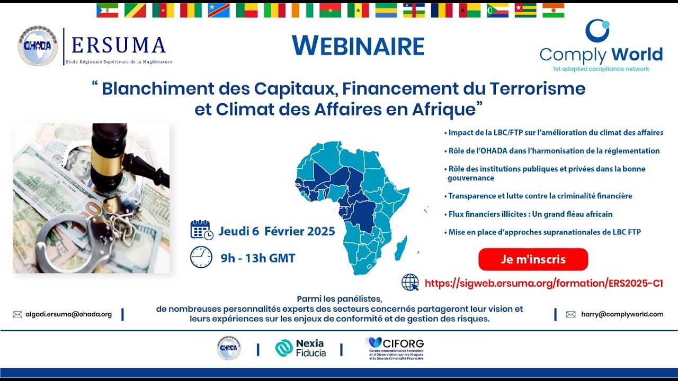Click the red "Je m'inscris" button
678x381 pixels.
pos(533,259)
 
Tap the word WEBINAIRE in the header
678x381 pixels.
pos(358,47)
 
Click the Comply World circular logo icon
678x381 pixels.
pos(597,30)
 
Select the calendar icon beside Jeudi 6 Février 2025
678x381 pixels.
pos(201,230)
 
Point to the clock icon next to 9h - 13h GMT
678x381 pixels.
pos(201,257)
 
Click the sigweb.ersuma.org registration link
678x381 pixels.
pos(543,283)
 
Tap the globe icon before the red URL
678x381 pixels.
pos(410,283)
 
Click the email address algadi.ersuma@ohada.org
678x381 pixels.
pos(68,314)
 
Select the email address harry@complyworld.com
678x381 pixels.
pos(622,314)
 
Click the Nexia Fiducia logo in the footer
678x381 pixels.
pos(300,348)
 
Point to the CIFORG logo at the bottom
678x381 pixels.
pos(395,348)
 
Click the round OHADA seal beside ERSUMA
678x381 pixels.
pos(38,46)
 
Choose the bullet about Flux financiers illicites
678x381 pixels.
pos(530,214)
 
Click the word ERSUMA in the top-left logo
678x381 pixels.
pos(119,46)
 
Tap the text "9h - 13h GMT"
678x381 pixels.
pos(258,258)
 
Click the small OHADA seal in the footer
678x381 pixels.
pos(229,348)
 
